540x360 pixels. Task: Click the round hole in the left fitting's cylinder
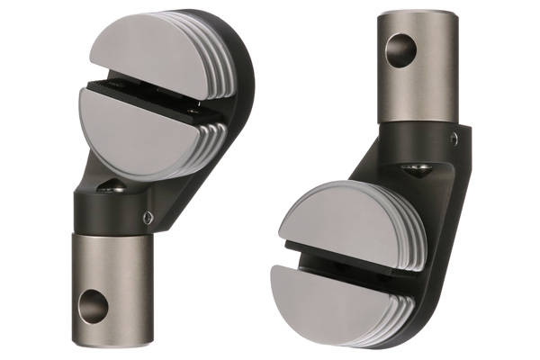[x=93, y=305]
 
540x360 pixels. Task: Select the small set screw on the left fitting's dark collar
[x=147, y=216]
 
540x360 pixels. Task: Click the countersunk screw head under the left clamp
[x=112, y=186]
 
